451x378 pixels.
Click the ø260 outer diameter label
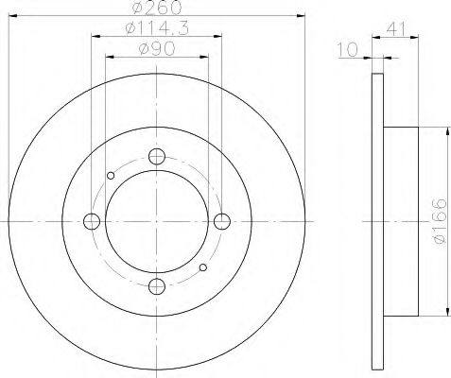(155, 9)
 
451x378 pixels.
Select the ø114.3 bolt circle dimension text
(156, 30)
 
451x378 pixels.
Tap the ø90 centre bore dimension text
(156, 49)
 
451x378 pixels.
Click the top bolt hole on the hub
(157, 157)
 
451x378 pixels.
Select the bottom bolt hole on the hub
(157, 286)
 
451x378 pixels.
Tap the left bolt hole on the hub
(92, 221)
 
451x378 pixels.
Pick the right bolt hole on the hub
(222, 221)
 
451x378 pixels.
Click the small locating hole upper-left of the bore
(111, 175)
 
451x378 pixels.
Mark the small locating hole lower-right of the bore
(203, 268)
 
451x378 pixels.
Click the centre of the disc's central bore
(157, 221)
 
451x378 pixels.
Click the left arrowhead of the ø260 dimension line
(12, 14)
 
